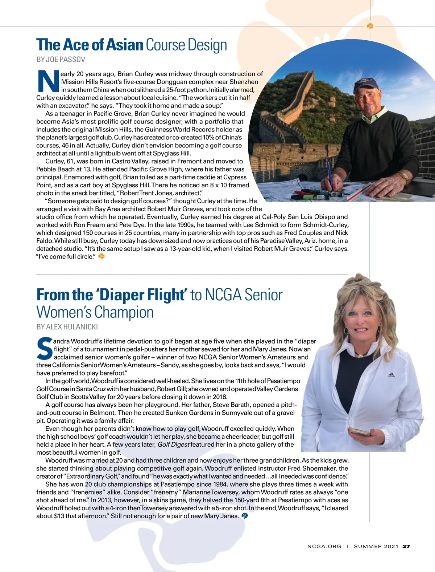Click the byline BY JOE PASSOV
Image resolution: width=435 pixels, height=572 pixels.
coord(61,59)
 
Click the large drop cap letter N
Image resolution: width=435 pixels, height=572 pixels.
coord(48,82)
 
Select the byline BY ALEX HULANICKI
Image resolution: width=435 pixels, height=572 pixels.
coord(67,327)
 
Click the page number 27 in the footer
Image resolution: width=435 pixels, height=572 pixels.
coord(406,546)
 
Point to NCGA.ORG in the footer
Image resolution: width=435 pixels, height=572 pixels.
coord(324,546)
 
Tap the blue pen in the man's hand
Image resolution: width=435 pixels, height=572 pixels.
coord(330,174)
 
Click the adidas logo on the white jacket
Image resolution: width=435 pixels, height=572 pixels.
coord(391,375)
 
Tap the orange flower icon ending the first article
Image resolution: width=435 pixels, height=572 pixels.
coord(101,256)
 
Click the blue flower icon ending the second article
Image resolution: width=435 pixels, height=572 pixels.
coord(245,516)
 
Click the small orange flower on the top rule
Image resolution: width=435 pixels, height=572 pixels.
coord(370,26)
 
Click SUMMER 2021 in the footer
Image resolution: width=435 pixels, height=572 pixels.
coord(376,546)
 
